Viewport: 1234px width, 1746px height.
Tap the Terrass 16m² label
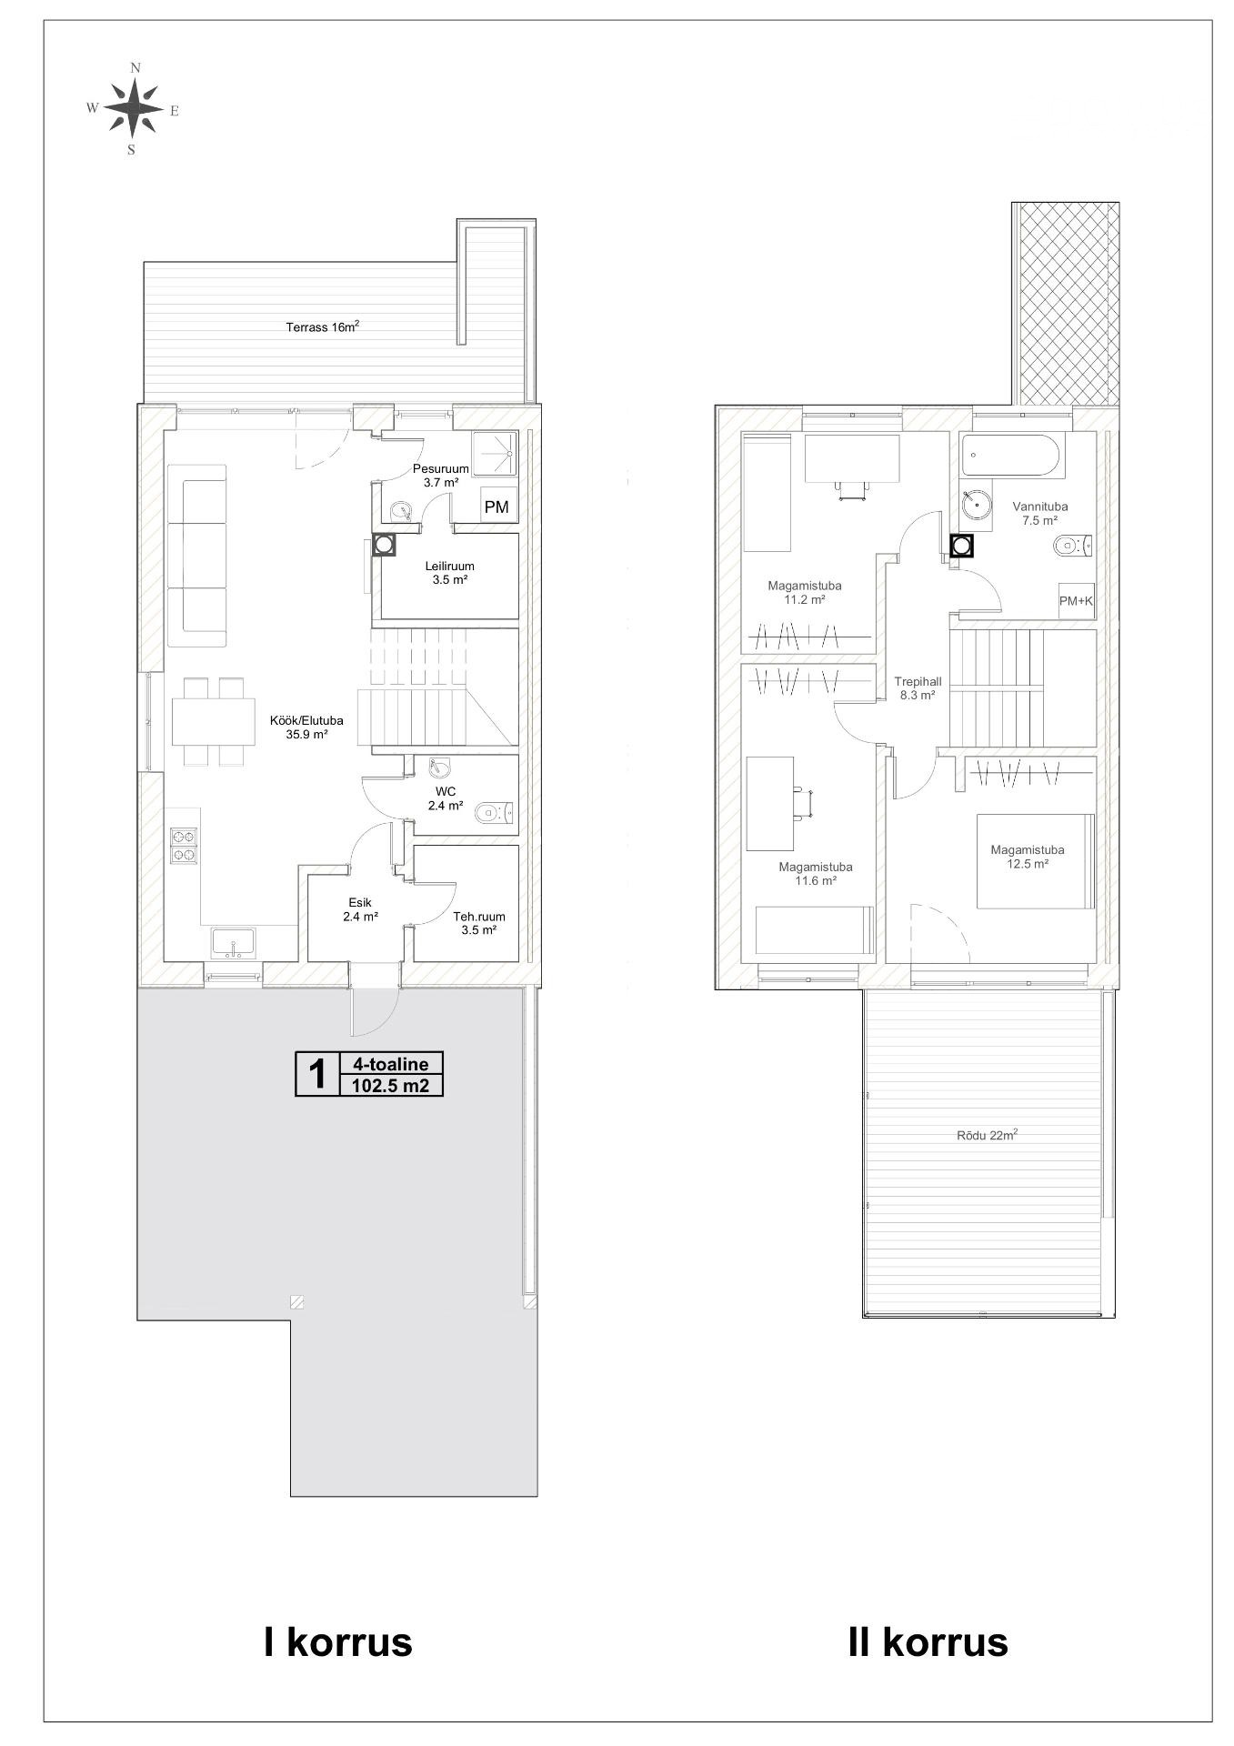click(x=324, y=327)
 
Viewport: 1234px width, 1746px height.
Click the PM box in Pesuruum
click(x=497, y=507)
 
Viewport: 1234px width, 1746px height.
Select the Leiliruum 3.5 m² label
click(x=449, y=572)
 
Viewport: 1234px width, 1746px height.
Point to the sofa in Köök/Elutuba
click(x=196, y=556)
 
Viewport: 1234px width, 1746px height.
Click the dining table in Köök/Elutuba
click(x=213, y=721)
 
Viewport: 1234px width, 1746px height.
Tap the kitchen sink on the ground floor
click(x=235, y=943)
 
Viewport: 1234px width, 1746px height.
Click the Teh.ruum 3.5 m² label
click(x=479, y=923)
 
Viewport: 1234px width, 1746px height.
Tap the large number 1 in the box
click(x=317, y=1074)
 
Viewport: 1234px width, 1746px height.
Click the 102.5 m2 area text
click(x=390, y=1085)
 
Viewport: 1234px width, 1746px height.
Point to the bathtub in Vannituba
click(x=1013, y=456)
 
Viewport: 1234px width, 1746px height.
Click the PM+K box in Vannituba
click(x=1076, y=600)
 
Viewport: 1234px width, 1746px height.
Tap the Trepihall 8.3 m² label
click(x=918, y=687)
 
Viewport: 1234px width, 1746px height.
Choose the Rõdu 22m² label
click(x=987, y=1135)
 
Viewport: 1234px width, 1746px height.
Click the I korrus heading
click(x=337, y=1642)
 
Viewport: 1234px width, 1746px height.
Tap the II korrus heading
click(x=928, y=1642)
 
